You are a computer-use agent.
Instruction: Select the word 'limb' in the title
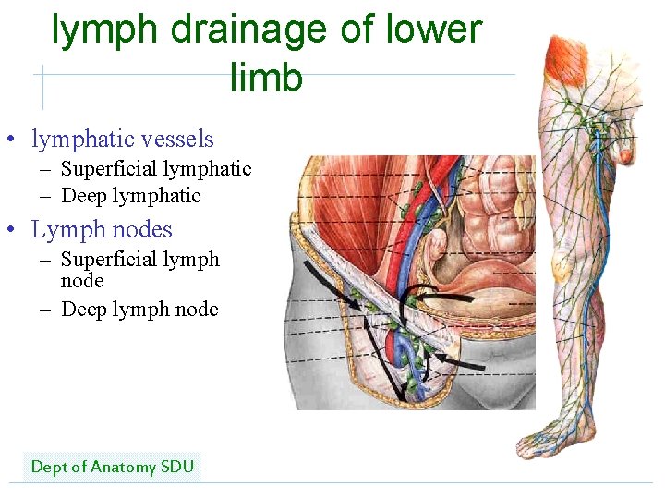coord(266,78)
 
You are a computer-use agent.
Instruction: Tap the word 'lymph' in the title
coord(106,30)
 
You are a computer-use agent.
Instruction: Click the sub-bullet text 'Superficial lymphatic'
coord(156,168)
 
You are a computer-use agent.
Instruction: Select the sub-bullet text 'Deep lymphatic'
coord(130,195)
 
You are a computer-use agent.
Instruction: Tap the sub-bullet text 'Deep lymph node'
coord(139,309)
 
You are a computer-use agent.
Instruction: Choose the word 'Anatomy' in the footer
coord(117,467)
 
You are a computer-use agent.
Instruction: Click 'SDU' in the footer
coord(177,467)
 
